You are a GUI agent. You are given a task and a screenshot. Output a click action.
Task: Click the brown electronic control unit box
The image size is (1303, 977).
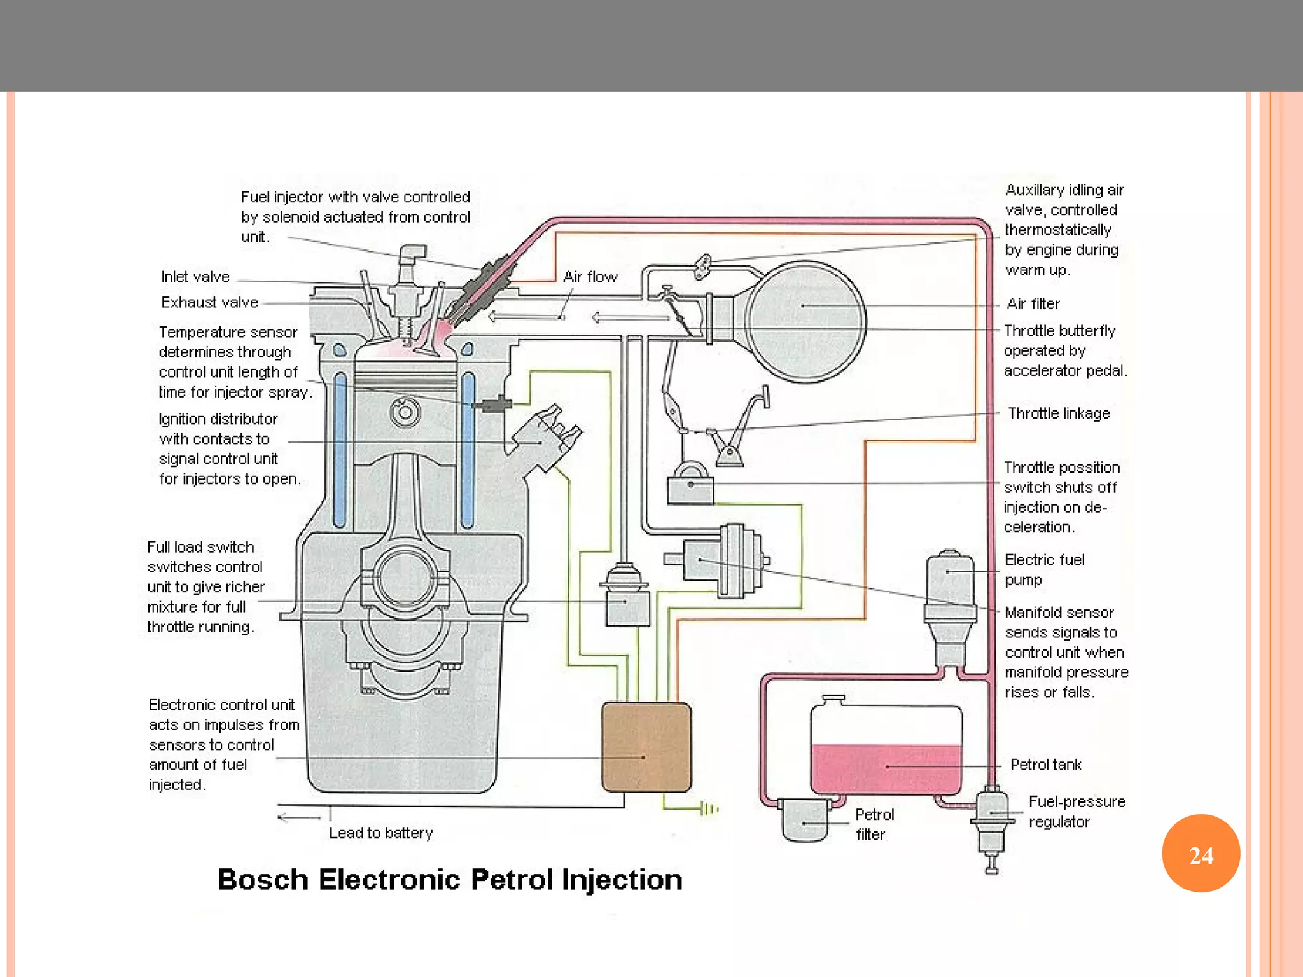click(646, 747)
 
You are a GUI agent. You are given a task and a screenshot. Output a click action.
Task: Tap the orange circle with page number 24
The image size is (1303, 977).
click(1201, 854)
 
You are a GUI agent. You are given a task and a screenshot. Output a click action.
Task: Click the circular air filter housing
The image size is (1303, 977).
click(805, 321)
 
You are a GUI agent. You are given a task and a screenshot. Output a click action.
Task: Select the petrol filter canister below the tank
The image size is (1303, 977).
click(805, 821)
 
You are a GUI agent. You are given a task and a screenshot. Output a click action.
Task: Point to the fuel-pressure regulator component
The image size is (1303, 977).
click(991, 821)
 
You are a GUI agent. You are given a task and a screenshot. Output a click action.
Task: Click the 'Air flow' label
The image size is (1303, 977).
click(590, 277)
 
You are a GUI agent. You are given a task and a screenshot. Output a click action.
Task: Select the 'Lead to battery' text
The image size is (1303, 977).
click(380, 833)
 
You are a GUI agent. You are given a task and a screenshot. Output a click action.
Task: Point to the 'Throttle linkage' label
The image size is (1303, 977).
click(1059, 413)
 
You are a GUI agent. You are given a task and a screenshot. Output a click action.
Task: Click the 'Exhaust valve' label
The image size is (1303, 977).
click(209, 302)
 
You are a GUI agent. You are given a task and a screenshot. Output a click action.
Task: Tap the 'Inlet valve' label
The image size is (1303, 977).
click(195, 277)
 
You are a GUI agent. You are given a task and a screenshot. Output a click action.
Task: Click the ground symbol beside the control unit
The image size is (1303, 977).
click(708, 809)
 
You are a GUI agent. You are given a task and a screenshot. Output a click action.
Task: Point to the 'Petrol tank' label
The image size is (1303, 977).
click(1045, 765)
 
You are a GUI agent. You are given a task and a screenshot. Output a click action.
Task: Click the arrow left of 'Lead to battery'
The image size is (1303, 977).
click(299, 817)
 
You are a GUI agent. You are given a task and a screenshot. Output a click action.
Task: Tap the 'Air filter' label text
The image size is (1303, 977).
click(1033, 304)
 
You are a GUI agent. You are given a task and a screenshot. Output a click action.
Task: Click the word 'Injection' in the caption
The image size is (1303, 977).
click(622, 880)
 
